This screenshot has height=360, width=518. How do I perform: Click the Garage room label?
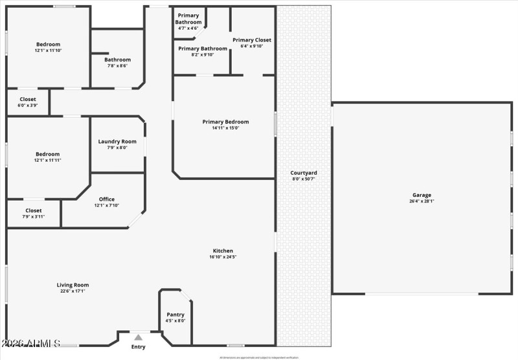tap(422, 195)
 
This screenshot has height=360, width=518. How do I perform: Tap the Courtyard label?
tap(303, 173)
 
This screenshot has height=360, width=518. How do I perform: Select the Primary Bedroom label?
tap(225, 122)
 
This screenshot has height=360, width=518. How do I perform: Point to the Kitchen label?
tap(223, 251)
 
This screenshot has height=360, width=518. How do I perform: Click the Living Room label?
tap(73, 285)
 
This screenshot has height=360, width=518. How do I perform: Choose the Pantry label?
tap(175, 315)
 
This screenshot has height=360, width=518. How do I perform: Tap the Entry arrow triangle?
tap(138, 337)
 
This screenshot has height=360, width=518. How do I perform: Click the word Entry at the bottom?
tap(139, 347)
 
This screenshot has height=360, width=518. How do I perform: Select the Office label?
tap(107, 199)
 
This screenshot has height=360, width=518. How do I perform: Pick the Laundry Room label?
tap(117, 142)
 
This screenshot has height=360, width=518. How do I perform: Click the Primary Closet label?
tap(252, 40)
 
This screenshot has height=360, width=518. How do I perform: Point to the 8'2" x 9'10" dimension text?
tap(203, 55)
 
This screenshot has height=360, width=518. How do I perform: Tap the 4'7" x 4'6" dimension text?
tap(188, 28)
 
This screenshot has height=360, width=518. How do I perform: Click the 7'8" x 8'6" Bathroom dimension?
tap(117, 65)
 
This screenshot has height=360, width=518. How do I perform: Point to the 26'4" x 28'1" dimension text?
tap(422, 201)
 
